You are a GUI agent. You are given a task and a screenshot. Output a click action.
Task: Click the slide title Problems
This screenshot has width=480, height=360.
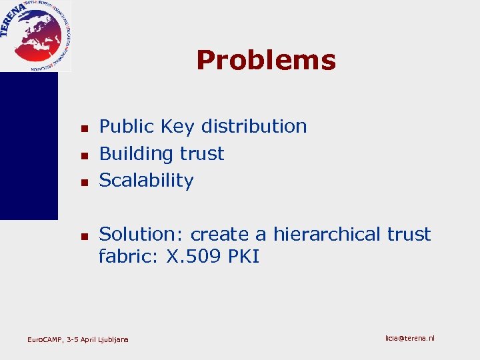(266, 60)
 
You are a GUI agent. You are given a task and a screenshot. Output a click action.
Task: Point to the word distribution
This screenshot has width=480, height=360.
(254, 126)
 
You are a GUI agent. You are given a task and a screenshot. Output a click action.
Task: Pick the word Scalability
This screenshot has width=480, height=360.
(146, 181)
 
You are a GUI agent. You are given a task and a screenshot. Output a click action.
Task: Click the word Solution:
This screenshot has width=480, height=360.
(141, 235)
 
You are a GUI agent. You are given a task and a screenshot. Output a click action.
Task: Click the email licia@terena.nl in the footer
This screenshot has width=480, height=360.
(409, 339)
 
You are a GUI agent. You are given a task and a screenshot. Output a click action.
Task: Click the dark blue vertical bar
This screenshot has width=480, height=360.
(29, 146)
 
